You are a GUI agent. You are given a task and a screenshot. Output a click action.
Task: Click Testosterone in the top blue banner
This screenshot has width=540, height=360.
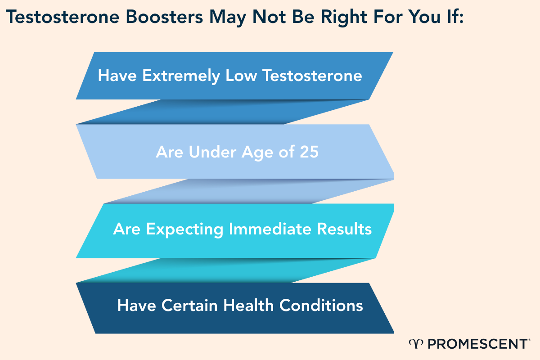[312, 75]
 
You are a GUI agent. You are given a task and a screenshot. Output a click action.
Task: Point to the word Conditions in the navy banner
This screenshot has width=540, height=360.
[321, 305]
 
